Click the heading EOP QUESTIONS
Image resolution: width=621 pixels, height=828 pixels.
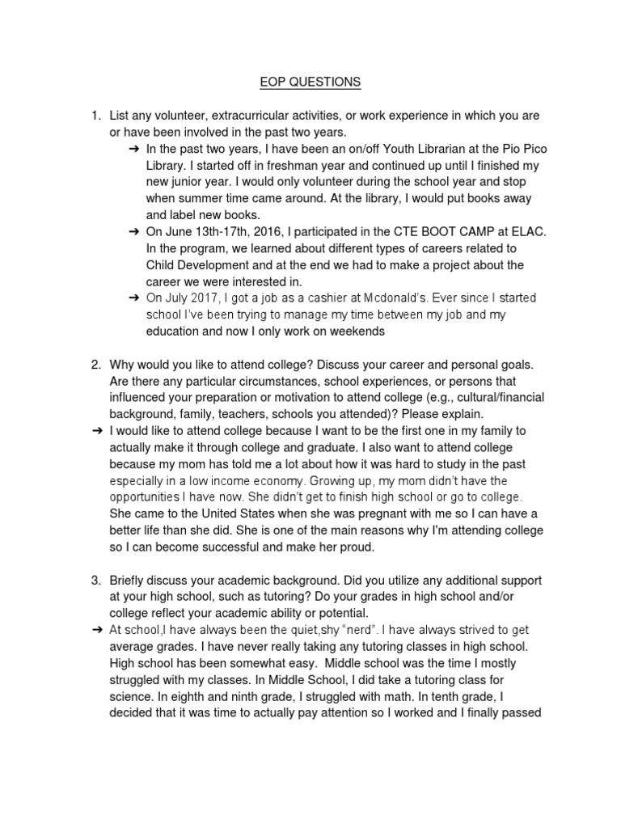point(310,82)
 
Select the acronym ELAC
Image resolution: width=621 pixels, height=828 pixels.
point(529,231)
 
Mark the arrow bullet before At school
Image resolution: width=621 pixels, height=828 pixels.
point(96,629)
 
